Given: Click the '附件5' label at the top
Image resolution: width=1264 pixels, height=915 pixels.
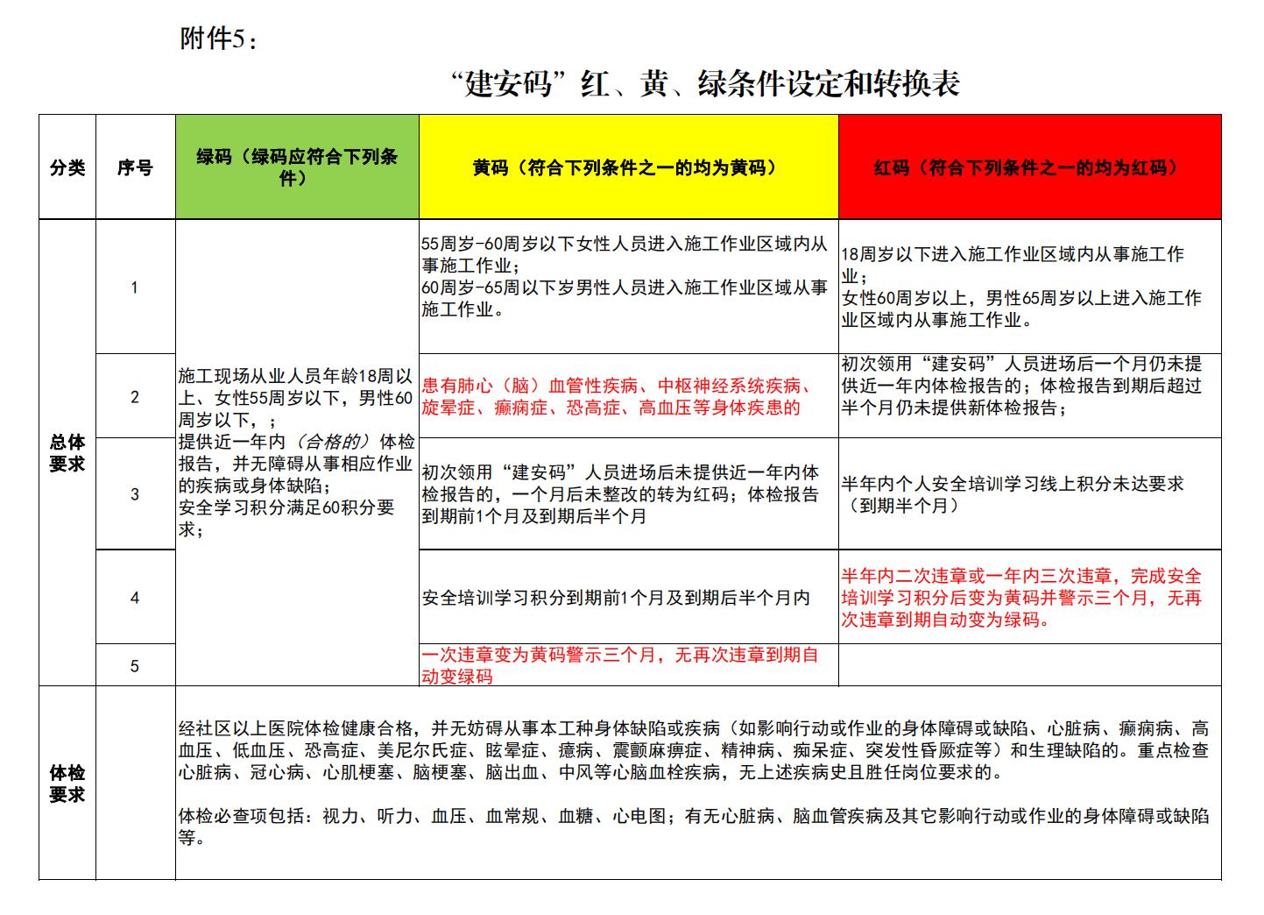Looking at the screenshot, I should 218,39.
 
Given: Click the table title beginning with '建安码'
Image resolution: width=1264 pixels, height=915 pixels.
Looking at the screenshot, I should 704,83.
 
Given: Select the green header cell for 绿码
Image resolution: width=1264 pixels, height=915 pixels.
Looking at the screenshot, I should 297,167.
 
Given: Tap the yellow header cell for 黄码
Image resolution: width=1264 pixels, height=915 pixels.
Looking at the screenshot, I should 628,167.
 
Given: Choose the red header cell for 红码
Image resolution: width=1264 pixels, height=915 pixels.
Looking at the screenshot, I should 1029,167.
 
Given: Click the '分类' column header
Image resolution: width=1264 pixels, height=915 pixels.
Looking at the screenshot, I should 67,167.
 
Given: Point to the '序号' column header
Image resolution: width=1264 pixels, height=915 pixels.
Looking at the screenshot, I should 135,167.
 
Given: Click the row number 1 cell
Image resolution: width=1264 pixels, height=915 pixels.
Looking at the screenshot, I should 135,287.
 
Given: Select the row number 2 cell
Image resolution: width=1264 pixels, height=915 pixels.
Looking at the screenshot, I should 135,397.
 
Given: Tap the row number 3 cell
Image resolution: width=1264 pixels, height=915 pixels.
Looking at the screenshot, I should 135,494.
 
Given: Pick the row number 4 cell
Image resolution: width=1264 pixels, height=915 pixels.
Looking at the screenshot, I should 135,598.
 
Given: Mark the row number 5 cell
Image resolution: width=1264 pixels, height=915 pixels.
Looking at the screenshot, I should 135,666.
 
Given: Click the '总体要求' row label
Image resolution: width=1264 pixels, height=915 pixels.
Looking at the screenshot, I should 67,453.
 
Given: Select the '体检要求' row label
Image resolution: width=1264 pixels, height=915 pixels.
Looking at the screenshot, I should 67,784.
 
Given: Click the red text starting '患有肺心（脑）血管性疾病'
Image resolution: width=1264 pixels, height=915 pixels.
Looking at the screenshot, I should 616,397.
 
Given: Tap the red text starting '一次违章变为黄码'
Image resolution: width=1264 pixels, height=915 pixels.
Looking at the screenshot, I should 619,665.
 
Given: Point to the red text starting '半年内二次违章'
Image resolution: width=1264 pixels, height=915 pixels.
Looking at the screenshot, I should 1021,598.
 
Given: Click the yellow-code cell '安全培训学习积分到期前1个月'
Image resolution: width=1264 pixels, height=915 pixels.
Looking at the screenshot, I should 616,598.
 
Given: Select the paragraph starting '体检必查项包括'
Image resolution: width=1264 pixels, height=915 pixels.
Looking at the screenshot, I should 692,826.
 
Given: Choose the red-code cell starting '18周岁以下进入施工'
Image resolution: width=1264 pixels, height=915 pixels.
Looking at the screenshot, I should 1021,287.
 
